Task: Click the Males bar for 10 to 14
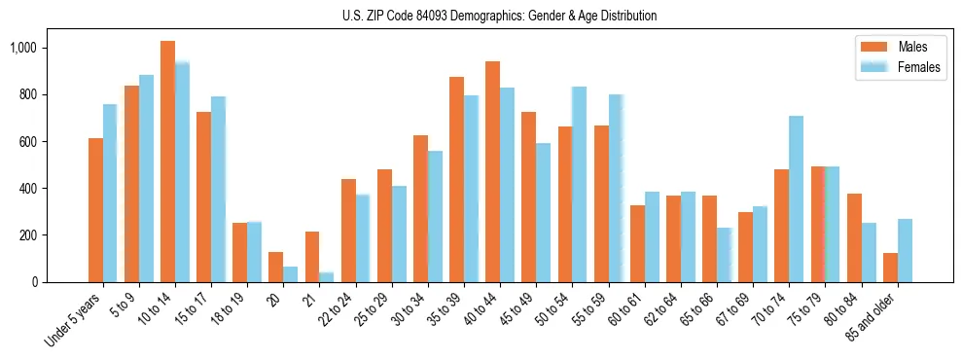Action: tap(167, 162)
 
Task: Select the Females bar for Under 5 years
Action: tap(110, 194)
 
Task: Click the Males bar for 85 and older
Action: tap(890, 268)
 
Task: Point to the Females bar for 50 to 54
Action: tap(580, 185)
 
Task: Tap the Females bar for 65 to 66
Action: tap(724, 255)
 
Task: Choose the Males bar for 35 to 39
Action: tap(456, 180)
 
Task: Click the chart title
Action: tap(499, 16)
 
